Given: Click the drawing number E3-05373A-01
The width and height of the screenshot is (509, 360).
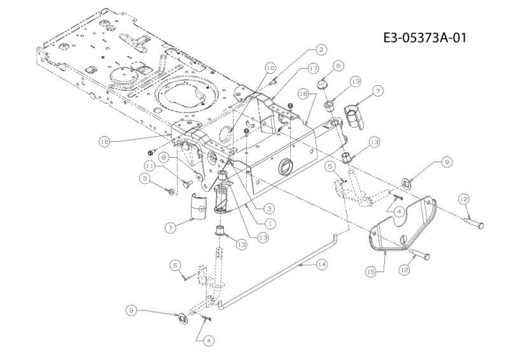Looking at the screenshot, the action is tap(424, 38).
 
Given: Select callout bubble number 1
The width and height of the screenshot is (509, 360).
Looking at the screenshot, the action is tap(270, 223).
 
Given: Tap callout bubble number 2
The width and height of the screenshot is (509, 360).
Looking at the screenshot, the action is tap(321, 50).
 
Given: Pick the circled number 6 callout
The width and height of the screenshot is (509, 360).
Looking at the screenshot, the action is tap(338, 66).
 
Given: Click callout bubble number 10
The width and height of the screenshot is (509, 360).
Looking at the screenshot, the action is tap(270, 68).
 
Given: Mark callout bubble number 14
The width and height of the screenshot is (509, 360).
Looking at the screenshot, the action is tap(321, 265).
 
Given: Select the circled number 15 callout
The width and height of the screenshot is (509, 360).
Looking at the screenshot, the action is tap(371, 272).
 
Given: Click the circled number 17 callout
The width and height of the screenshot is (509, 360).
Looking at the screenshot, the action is tap(313, 69).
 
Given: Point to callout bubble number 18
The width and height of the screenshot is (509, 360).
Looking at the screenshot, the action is tap(303, 94).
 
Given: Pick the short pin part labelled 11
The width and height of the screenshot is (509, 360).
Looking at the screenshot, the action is tap(187, 184).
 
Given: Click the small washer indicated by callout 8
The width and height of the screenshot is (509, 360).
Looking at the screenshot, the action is tap(199, 176).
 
